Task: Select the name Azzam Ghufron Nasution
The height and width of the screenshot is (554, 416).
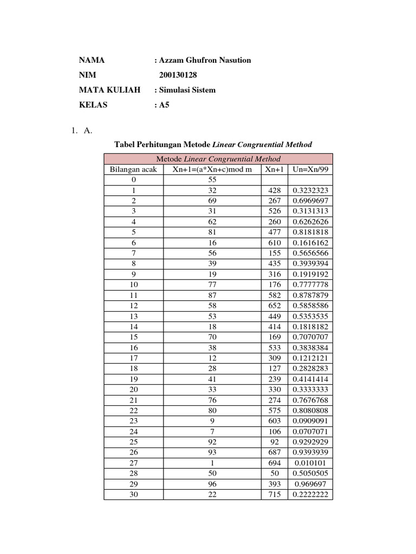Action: (203, 60)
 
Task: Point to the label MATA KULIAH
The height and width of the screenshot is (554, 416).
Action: (109, 90)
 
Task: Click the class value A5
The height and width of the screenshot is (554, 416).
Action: (162, 105)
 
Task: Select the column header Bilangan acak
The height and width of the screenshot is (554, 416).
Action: (133, 169)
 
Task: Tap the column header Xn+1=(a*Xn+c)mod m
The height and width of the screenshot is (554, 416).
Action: (212, 169)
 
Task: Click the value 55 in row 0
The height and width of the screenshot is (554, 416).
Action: (212, 180)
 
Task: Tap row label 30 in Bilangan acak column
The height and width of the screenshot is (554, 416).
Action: (133, 494)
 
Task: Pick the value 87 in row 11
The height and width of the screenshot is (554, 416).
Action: (212, 295)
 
